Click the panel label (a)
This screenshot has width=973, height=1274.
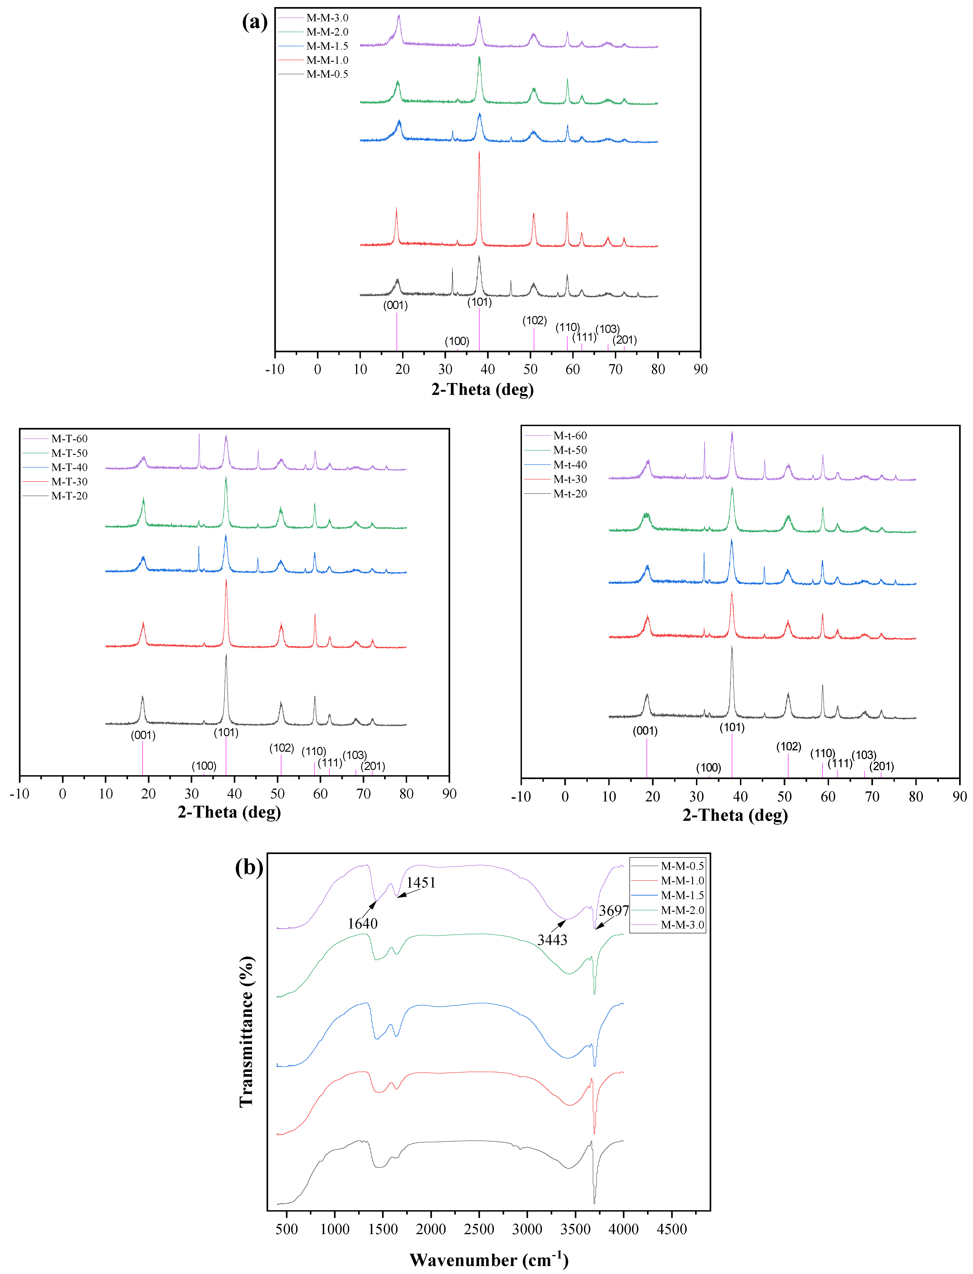[x=255, y=22]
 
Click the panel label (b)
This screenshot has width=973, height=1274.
[x=249, y=867]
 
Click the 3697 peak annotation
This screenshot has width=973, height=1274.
[x=614, y=911]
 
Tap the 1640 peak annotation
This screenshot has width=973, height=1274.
[x=362, y=924]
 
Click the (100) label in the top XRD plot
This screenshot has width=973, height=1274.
[x=457, y=341]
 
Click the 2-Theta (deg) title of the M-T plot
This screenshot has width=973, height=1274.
[x=229, y=812]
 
